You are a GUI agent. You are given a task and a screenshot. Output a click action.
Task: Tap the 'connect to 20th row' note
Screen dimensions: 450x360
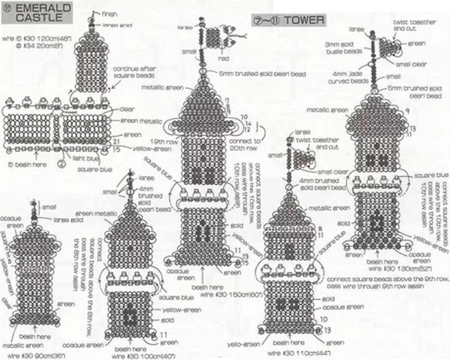243,144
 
